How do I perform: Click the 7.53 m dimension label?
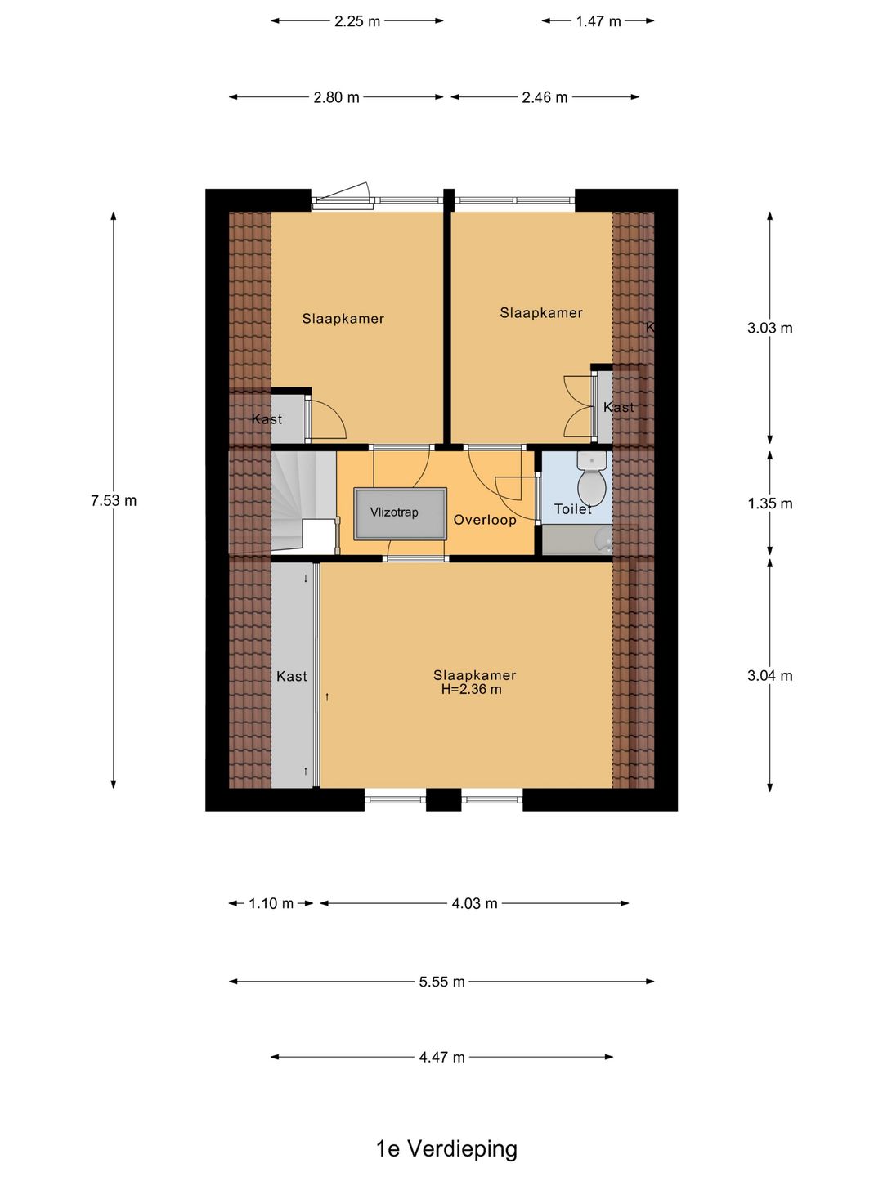pyautogui.click(x=114, y=500)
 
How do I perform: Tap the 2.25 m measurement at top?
pyautogui.click(x=357, y=21)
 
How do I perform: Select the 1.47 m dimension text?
pyautogui.click(x=598, y=21)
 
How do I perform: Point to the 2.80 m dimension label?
pyautogui.click(x=336, y=97)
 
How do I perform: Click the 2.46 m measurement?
pyautogui.click(x=545, y=97)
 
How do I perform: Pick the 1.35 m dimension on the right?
pyautogui.click(x=769, y=503)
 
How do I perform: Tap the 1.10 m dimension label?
pyautogui.click(x=271, y=903)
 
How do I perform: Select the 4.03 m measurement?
pyautogui.click(x=474, y=903)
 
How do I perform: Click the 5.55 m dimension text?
pyautogui.click(x=441, y=982)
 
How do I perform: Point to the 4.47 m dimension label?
pyautogui.click(x=441, y=1057)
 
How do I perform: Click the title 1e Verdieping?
pyautogui.click(x=446, y=1148)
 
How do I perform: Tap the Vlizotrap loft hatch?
pyautogui.click(x=400, y=513)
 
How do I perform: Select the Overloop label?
pyautogui.click(x=485, y=520)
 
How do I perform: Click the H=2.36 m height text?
pyautogui.click(x=472, y=689)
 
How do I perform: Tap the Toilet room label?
pyautogui.click(x=572, y=509)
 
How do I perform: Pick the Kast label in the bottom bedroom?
pyautogui.click(x=291, y=676)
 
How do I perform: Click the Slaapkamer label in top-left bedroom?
pyautogui.click(x=343, y=319)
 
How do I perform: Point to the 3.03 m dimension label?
pyautogui.click(x=769, y=328)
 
